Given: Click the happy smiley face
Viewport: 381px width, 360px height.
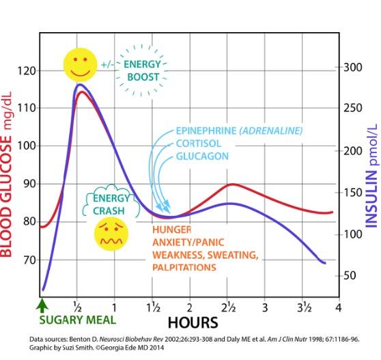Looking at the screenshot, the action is click(81, 65).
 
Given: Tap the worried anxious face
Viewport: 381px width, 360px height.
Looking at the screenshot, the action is click(111, 234).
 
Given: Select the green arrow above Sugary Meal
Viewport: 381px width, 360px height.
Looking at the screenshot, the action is click(42, 305).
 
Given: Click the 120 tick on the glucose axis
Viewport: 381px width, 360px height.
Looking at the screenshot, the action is click(27, 71).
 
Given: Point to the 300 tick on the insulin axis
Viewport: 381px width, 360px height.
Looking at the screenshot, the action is click(353, 67).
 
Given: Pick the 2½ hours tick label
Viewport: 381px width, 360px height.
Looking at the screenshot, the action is click(228, 307).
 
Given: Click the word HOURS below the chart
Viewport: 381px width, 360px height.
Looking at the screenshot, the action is click(193, 323).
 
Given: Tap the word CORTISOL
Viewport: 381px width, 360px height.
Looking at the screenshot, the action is click(199, 143).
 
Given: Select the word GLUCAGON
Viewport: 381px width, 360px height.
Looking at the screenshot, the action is click(202, 156).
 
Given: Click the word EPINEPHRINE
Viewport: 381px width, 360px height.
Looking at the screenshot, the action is click(206, 130).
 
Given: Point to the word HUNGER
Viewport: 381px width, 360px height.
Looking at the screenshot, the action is click(172, 230).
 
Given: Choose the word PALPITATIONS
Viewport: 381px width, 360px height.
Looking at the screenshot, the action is click(184, 267).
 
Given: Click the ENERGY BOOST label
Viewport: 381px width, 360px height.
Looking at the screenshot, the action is click(143, 70).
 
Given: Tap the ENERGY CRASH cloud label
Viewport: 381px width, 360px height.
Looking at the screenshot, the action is click(111, 204).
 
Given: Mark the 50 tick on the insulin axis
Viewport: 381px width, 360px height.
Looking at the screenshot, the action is click(350, 275).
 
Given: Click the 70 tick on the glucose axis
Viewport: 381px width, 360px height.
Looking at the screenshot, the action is click(29, 260).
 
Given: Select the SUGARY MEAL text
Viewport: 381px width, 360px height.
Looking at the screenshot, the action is click(78, 320).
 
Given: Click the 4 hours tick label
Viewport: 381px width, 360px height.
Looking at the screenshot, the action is click(339, 307).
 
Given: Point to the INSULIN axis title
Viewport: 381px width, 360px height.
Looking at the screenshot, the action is click(371, 176).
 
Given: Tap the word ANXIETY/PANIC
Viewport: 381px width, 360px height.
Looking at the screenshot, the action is click(188, 243).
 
